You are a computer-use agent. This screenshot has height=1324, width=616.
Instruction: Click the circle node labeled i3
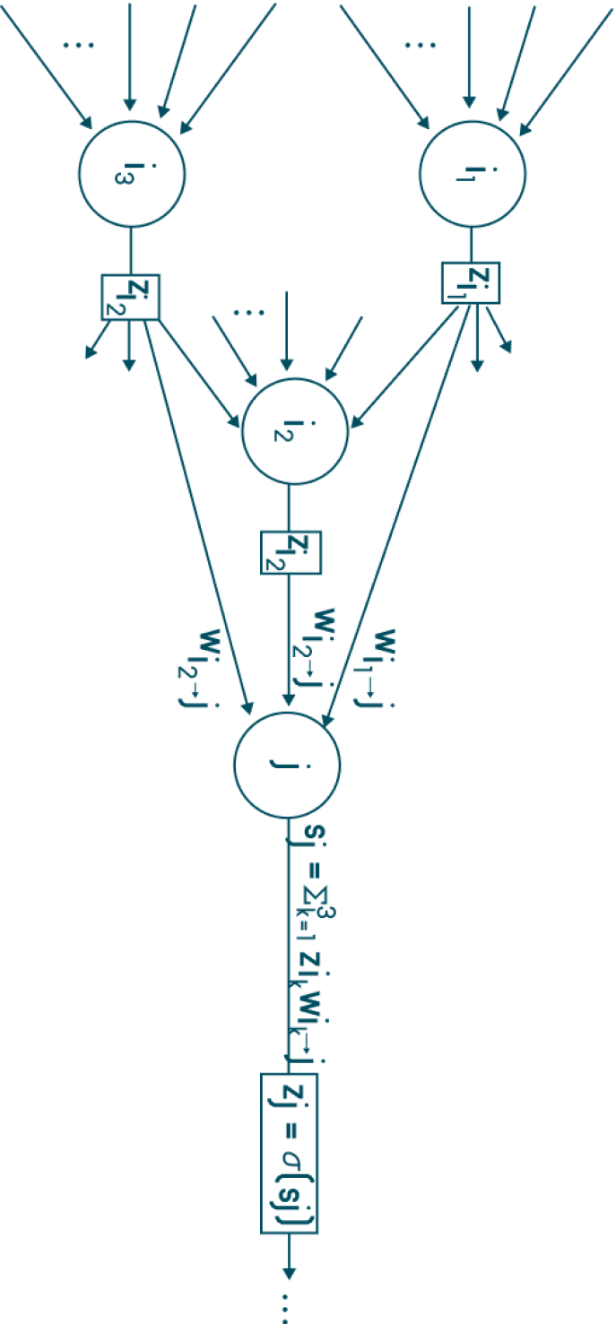(x=131, y=172)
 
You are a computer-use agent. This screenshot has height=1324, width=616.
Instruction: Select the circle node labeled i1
(x=467, y=172)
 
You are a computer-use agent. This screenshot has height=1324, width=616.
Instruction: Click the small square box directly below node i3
(x=131, y=296)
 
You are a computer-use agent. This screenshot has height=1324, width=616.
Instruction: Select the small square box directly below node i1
(x=470, y=282)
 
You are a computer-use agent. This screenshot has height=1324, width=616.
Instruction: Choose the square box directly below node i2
(x=291, y=552)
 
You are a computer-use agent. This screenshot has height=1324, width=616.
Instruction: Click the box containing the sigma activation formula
(x=290, y=1153)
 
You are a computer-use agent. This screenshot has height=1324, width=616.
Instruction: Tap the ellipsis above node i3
(x=79, y=45)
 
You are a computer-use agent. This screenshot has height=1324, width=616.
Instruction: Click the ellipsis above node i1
(x=419, y=45)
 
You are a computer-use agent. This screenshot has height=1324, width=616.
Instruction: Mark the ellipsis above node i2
(x=248, y=312)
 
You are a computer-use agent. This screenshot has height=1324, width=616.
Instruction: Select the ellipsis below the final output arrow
(x=287, y=1309)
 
